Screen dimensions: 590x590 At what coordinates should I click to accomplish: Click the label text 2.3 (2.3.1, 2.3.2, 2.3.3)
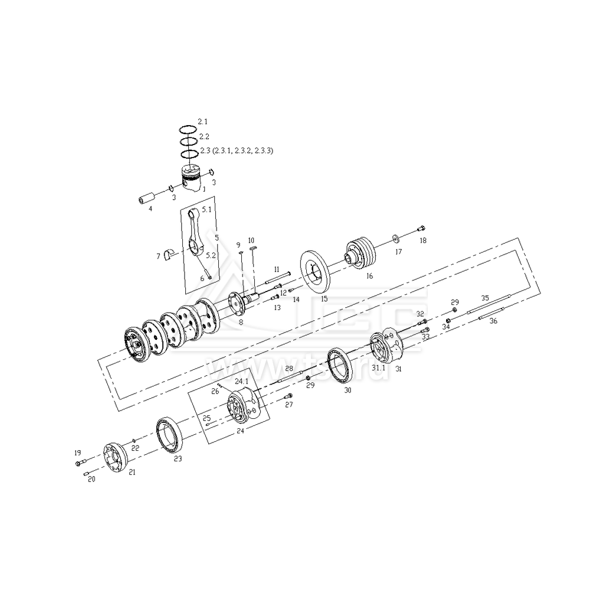coord(235,151)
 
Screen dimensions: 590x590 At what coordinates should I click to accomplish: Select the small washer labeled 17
coord(395,238)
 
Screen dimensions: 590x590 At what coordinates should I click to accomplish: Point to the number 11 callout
coord(276,269)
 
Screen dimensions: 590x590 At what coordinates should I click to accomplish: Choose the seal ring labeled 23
coord(172,435)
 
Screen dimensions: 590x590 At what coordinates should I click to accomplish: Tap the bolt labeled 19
coord(81,462)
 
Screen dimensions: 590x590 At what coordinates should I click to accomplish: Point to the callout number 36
coord(494,322)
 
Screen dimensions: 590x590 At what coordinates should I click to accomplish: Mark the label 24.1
coord(242,382)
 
